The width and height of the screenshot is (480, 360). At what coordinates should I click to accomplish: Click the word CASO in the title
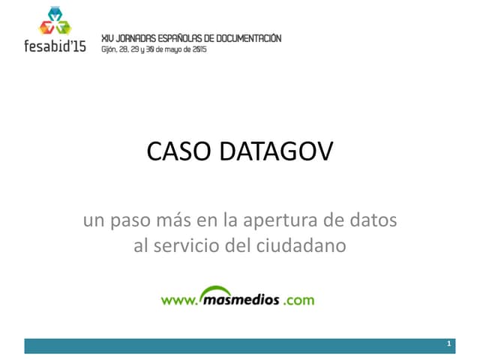pos(178,152)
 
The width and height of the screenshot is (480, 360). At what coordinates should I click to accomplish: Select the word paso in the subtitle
pos(129,222)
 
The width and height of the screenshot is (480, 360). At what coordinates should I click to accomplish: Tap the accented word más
pos(169,221)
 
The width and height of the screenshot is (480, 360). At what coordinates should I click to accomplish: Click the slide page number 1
pos(448,344)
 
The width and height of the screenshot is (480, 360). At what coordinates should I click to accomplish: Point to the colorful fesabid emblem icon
pos(55,22)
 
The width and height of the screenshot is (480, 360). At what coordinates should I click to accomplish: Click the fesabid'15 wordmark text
pos(55,46)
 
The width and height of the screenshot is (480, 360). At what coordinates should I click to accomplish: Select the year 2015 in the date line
pos(199,49)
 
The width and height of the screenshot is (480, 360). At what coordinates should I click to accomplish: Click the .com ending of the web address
pos(298,300)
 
